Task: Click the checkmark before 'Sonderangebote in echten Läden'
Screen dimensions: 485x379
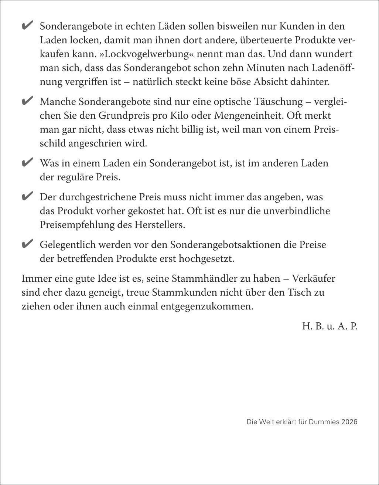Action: pyautogui.click(x=28, y=26)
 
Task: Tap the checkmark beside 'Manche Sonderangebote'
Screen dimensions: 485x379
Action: pyautogui.click(x=28, y=101)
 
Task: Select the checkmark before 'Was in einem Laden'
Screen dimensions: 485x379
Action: pyautogui.click(x=28, y=163)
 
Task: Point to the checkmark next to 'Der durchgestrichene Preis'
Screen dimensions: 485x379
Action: pyautogui.click(x=28, y=196)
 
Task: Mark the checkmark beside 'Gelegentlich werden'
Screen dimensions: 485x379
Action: pyautogui.click(x=28, y=244)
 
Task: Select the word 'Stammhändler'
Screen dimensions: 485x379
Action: pyautogui.click(x=202, y=278)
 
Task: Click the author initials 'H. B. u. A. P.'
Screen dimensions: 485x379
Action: pyautogui.click(x=330, y=326)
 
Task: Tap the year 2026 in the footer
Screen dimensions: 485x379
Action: pyautogui.click(x=349, y=422)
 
